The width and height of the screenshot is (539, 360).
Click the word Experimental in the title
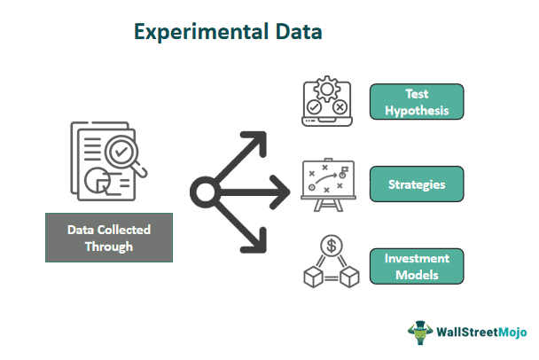click(200, 32)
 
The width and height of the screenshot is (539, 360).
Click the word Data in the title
click(299, 32)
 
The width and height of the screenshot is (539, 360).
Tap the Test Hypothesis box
click(417, 102)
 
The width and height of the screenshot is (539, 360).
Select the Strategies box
click(417, 184)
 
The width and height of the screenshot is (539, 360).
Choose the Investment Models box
click(417, 266)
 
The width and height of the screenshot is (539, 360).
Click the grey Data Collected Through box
click(109, 238)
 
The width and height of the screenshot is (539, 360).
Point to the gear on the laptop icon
click(327, 89)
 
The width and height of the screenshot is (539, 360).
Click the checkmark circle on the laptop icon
click(314, 107)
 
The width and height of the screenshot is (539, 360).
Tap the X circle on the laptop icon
click(340, 107)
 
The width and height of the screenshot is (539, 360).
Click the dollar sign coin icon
click(332, 246)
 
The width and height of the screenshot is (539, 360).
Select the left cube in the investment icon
click(313, 277)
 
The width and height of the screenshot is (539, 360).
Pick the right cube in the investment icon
click(349, 277)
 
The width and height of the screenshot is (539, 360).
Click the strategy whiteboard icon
click(328, 185)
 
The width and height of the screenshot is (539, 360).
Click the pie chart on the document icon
click(98, 181)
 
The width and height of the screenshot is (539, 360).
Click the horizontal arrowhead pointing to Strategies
click(280, 192)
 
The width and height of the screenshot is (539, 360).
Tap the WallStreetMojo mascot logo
click(419, 333)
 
